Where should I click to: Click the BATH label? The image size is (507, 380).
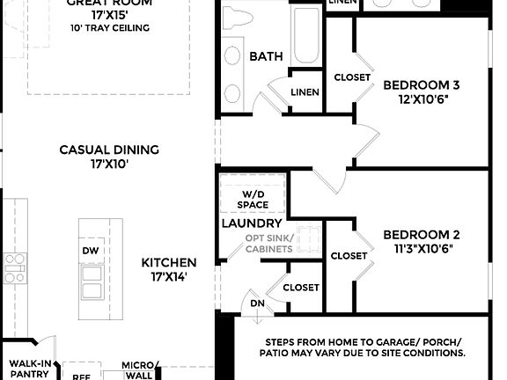[x=267, y=56]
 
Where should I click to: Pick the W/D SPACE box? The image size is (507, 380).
[x=253, y=199]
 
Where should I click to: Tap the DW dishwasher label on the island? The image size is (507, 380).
[x=92, y=251]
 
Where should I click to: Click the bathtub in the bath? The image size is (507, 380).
[x=306, y=35]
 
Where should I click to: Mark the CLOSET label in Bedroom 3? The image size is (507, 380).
[x=352, y=77]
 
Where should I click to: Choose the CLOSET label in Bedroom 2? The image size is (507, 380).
[x=349, y=256]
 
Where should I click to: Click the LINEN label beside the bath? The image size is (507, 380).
[x=304, y=92]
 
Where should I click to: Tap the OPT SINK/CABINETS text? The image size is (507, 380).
[x=270, y=244]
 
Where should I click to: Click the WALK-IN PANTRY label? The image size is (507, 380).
[x=30, y=369]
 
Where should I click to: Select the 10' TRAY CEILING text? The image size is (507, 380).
[x=109, y=27]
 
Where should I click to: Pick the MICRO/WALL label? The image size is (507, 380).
[x=140, y=370]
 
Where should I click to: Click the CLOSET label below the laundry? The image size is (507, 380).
[x=300, y=288]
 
